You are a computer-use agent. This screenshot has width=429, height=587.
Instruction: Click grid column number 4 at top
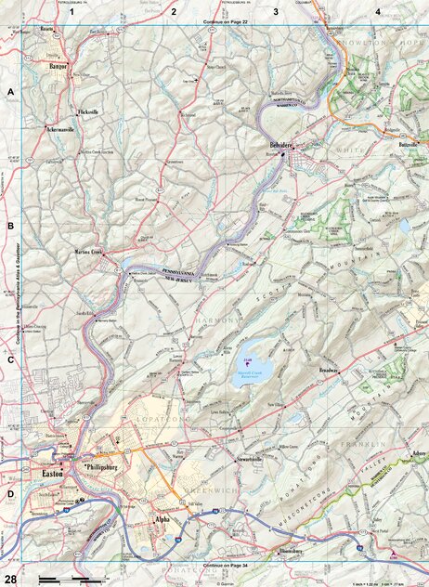pos(377,10)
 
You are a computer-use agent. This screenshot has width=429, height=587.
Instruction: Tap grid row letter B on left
pos(10,226)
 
